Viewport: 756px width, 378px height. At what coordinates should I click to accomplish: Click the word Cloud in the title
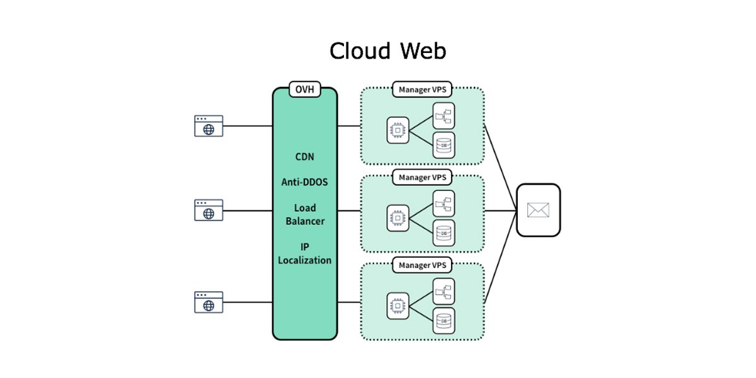pos(360,51)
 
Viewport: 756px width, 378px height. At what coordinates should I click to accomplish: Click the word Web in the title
pos(423,51)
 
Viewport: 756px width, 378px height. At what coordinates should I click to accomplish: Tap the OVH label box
pos(305,89)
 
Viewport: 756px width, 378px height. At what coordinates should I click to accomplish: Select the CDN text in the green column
pos(305,157)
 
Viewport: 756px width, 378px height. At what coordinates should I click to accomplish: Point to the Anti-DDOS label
pos(305,182)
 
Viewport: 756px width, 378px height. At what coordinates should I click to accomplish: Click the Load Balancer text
pos(305,214)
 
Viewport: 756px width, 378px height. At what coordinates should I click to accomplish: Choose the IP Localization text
pos(305,253)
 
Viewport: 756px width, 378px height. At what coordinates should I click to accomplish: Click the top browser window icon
pos(209,126)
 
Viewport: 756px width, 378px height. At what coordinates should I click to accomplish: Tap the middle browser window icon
pos(209,210)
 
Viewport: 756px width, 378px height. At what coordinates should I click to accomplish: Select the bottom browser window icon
pos(209,302)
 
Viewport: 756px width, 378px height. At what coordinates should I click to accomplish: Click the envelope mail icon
pos(538,210)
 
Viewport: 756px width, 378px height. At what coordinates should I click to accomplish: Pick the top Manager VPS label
pos(422,89)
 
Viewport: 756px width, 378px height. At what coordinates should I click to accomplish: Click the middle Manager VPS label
pos(422,177)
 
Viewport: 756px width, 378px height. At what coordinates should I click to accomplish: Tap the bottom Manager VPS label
pos(422,265)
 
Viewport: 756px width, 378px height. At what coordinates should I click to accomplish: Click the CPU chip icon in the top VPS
pos(398,130)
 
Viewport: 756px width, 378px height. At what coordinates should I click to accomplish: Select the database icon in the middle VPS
pos(444,233)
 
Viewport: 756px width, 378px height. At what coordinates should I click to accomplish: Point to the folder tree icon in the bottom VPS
pos(444,291)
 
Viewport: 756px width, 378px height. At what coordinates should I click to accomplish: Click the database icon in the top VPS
pos(444,145)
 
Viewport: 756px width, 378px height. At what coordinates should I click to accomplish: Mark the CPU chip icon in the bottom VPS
pos(398,306)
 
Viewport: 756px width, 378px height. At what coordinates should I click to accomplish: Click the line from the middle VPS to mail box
pos(500,210)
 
